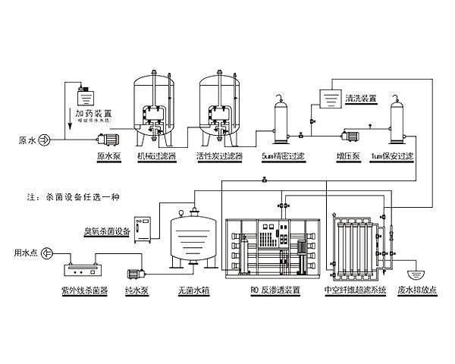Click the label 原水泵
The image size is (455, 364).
pyautogui.click(x=109, y=158)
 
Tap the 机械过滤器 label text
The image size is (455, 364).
pyautogui.click(x=156, y=158)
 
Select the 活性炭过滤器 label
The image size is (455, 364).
pyautogui.click(x=220, y=158)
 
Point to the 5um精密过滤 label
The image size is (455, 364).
pyautogui.click(x=282, y=158)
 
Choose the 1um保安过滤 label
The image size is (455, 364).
pyautogui.click(x=392, y=158)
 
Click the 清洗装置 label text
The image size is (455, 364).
pyautogui.click(x=360, y=99)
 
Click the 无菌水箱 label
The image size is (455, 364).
pyautogui.click(x=192, y=290)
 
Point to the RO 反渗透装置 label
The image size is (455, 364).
pyautogui.click(x=275, y=290)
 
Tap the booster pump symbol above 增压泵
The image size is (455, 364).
pyautogui.click(x=349, y=135)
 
